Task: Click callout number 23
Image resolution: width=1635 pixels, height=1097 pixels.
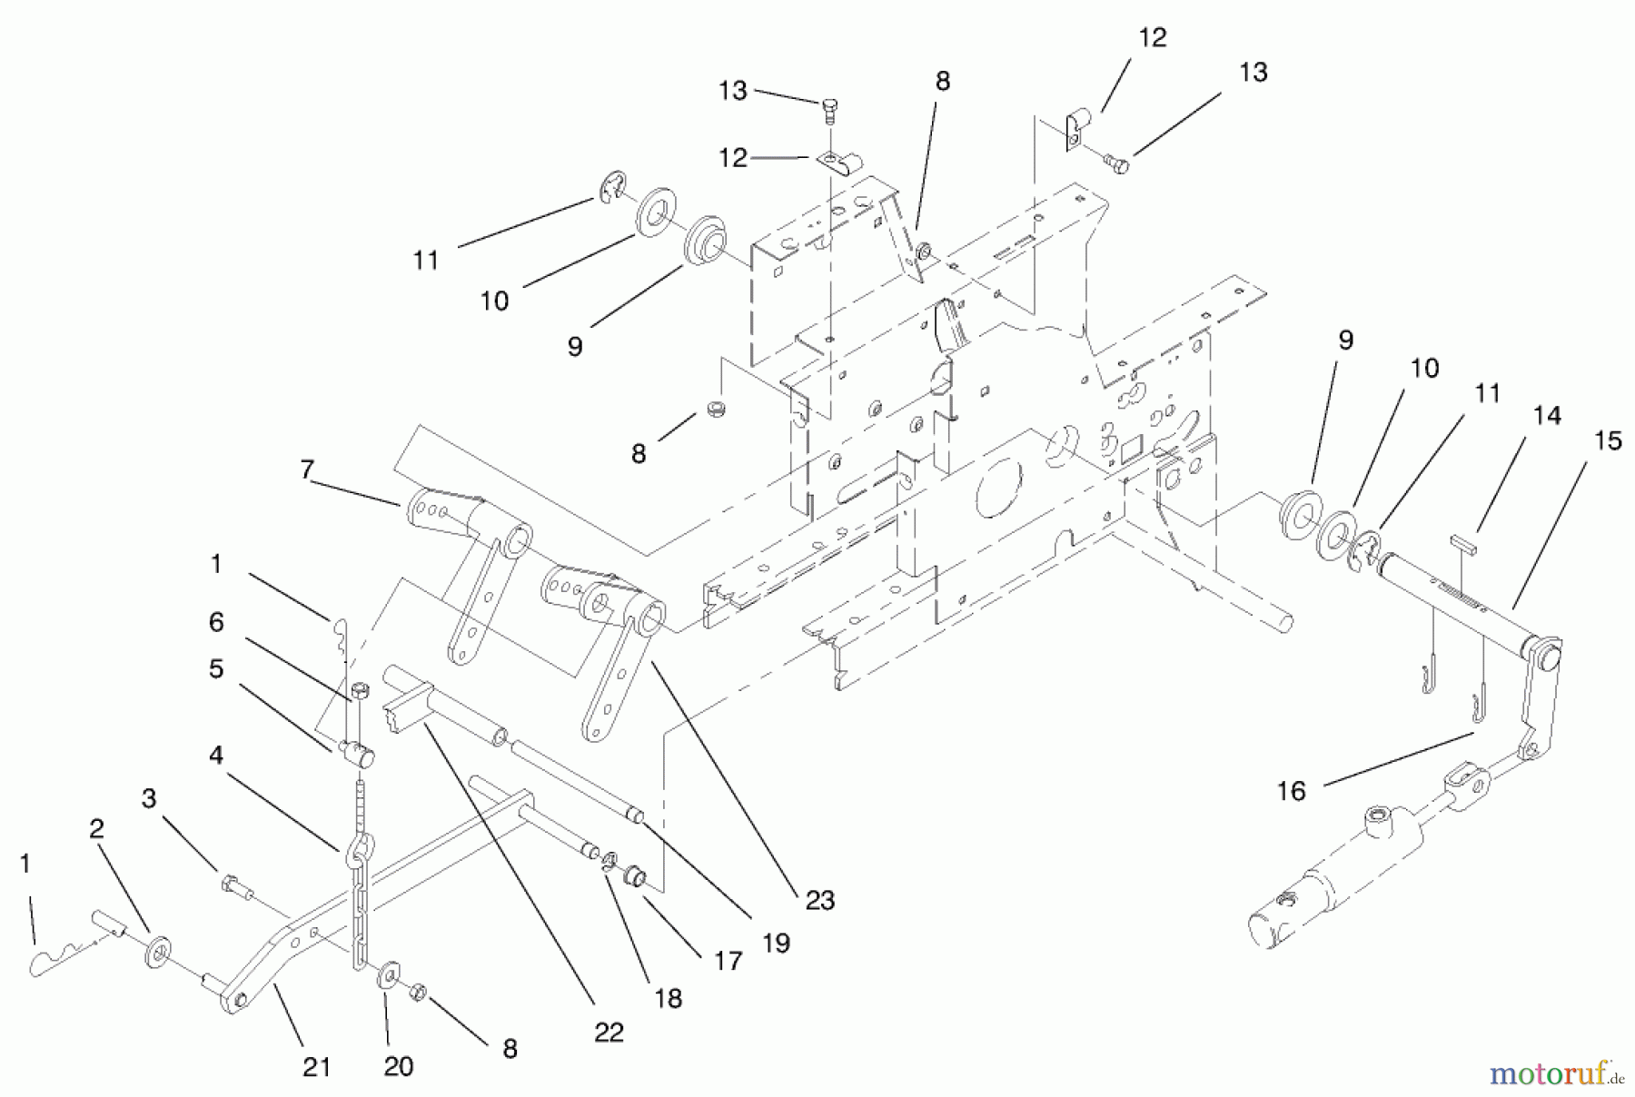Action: (x=819, y=900)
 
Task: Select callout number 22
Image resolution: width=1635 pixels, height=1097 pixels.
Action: (x=609, y=1033)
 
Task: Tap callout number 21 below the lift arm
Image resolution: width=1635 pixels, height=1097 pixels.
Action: (x=316, y=1067)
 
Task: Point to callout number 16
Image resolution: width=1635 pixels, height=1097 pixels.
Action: (x=1291, y=791)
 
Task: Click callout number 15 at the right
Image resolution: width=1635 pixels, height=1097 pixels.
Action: (x=1607, y=441)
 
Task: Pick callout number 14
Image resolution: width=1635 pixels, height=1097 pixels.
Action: (x=1547, y=416)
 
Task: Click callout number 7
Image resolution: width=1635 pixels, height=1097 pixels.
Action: (x=307, y=469)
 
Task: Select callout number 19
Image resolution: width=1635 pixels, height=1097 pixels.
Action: (x=776, y=943)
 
